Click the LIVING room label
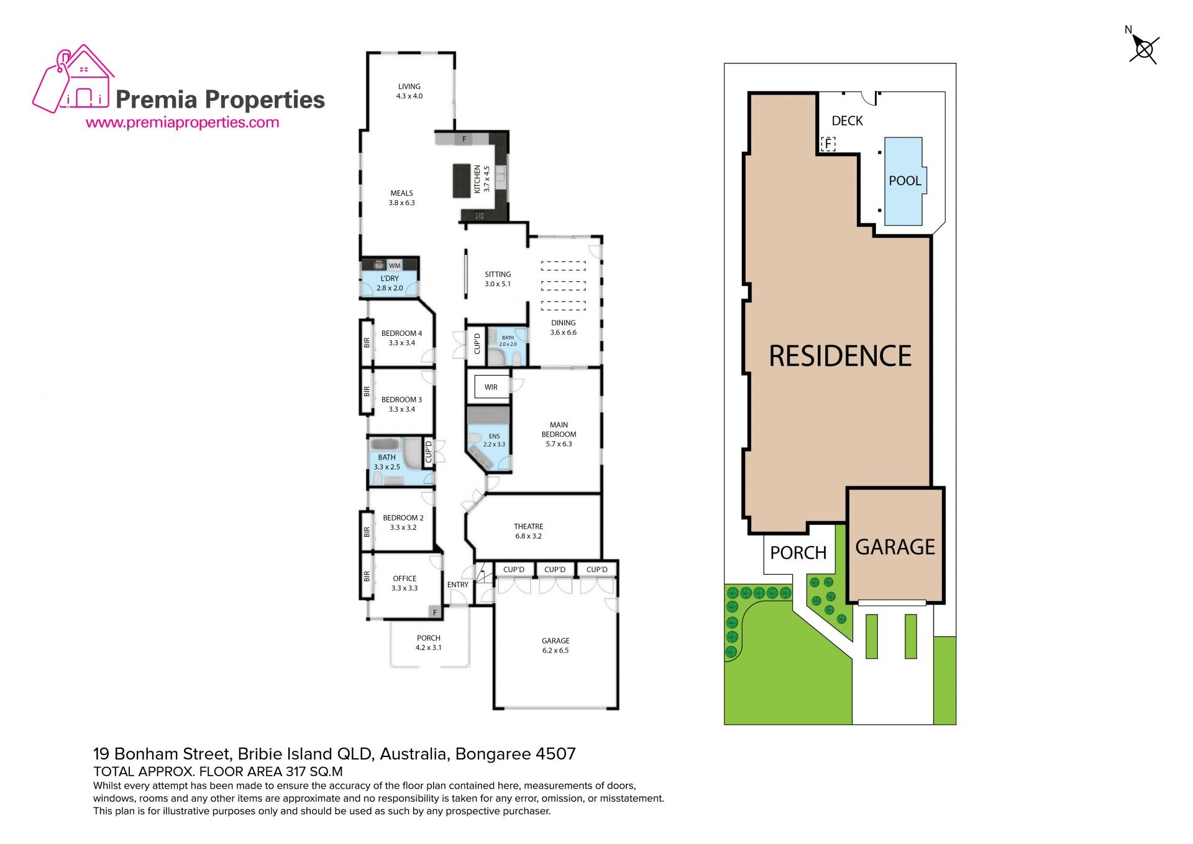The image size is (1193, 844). [409, 87]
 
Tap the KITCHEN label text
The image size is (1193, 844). [477, 179]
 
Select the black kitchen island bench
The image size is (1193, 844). [462, 180]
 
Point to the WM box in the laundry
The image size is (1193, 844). [395, 266]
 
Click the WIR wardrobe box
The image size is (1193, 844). [491, 387]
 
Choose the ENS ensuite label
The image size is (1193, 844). [494, 436]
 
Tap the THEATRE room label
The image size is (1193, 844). [528, 526]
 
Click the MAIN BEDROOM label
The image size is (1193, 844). [559, 430]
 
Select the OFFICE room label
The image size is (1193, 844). [405, 578]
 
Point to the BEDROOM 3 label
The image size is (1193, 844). [401, 400]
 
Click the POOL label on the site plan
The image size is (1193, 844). [905, 181]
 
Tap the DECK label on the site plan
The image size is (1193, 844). [848, 121]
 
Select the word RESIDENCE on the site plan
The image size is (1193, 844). [840, 356]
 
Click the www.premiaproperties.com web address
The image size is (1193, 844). [182, 123]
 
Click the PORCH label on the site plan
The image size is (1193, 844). [798, 553]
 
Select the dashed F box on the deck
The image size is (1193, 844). [828, 144]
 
